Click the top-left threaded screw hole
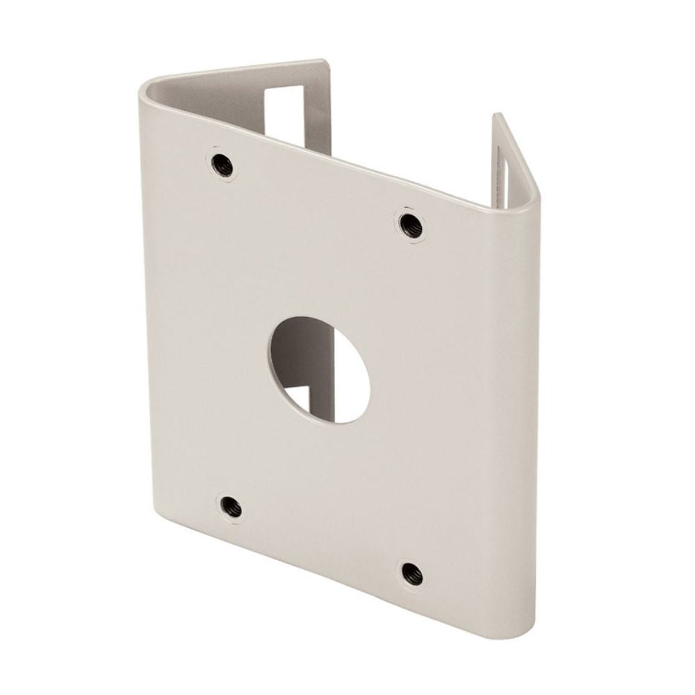[223, 165]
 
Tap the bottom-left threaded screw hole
[230, 507]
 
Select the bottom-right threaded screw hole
[411, 573]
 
